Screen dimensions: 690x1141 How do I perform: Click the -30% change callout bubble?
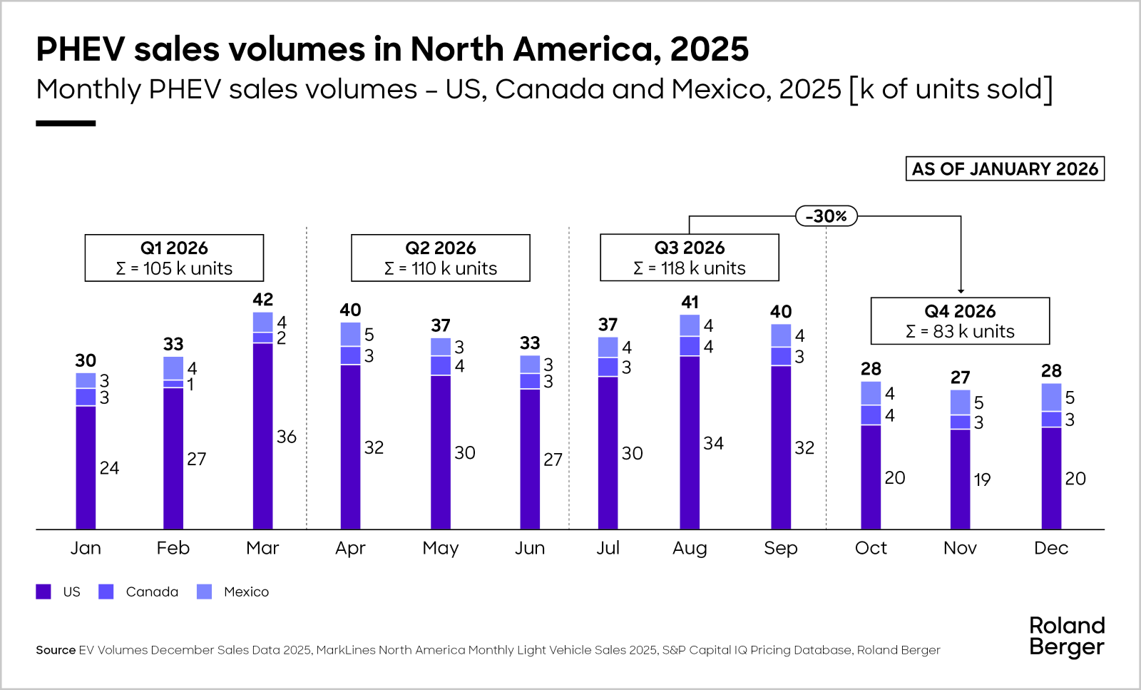coord(826,215)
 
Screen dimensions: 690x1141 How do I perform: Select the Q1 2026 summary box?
coord(174,258)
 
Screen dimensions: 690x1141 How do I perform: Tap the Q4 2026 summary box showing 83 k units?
coord(960,321)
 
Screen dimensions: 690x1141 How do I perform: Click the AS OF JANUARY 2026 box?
coord(1005,169)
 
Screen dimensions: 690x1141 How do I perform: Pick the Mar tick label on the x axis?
coord(262,548)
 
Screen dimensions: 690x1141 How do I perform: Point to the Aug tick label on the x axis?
coord(690,548)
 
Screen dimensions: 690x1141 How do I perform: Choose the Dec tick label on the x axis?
coord(1051,548)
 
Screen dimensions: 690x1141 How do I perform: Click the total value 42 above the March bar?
coord(262,299)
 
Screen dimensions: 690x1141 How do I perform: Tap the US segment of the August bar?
coord(690,442)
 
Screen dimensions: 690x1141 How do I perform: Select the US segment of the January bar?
coord(86,467)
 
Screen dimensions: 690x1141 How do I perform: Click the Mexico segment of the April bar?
coord(350,334)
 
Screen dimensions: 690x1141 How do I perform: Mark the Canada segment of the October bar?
coord(871,415)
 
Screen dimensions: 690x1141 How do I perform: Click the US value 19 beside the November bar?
coord(982,480)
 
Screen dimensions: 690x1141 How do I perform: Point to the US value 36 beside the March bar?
coord(287,437)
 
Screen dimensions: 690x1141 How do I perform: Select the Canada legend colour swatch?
coord(106,592)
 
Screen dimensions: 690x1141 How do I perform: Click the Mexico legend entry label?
coord(246,592)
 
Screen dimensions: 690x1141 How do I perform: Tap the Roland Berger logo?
coord(1067,636)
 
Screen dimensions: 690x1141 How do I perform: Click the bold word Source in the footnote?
coord(56,650)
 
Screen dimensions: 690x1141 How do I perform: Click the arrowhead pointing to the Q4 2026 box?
coord(961,290)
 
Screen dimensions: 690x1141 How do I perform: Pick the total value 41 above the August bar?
coord(690,302)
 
